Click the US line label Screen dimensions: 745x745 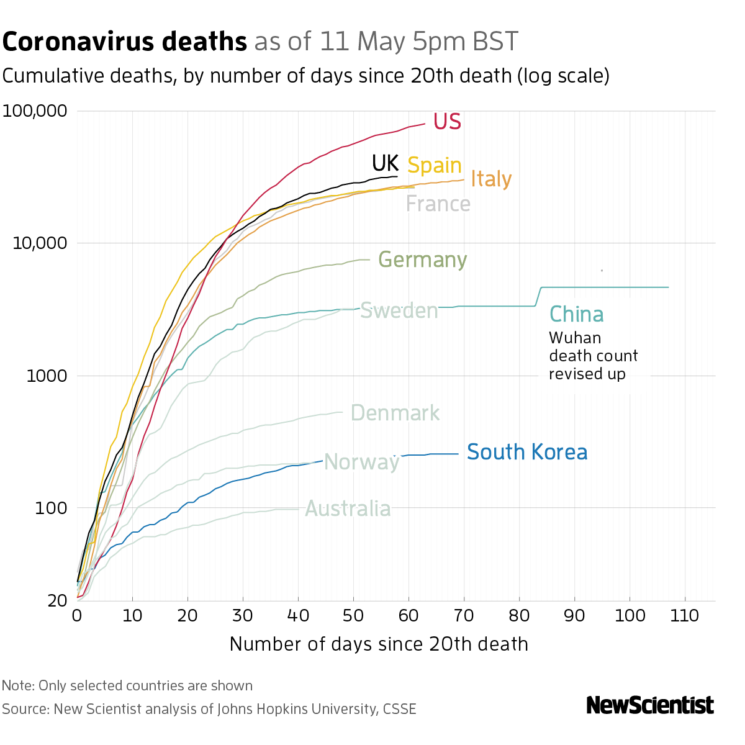point(447,121)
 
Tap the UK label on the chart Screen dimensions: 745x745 point(385,163)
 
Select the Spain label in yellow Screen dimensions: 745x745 point(435,165)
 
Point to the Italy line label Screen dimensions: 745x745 point(491,179)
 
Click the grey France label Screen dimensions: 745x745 point(438,204)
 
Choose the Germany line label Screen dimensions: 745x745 point(422,260)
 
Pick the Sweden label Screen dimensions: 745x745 point(399,310)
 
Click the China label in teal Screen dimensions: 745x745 point(577,314)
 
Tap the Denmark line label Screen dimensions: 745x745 point(395,413)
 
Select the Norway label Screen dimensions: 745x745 point(362,462)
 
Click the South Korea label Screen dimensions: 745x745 point(527,452)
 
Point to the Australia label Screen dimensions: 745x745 point(348,509)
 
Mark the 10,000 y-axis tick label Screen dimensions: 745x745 point(39,243)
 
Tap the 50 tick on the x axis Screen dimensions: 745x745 point(353,616)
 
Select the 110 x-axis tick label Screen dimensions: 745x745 point(685,616)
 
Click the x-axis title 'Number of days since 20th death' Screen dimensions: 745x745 point(379,644)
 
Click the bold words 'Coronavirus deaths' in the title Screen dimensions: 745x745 point(125,42)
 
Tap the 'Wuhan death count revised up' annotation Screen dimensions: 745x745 point(593,356)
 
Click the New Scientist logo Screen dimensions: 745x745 point(650,705)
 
